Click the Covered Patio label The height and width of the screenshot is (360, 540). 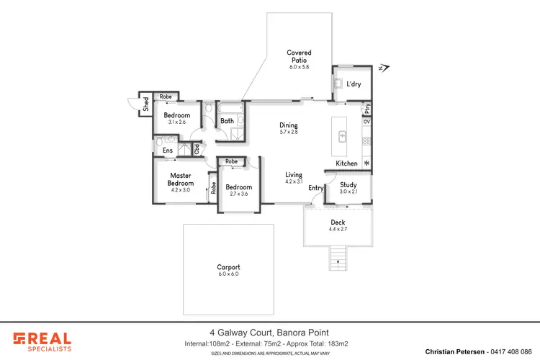click(x=299, y=53)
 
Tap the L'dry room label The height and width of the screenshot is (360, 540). click(x=354, y=85)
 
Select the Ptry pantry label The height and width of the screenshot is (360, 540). click(x=367, y=109)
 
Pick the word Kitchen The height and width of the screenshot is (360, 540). click(x=347, y=163)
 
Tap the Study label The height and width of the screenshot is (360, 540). click(x=348, y=184)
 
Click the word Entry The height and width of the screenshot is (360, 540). click(x=316, y=188)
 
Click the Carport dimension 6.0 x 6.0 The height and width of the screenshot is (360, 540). click(x=228, y=274)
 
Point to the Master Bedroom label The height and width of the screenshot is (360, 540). click(x=180, y=179)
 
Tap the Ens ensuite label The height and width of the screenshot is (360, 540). click(x=167, y=150)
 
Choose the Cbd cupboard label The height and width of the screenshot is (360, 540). click(x=196, y=149)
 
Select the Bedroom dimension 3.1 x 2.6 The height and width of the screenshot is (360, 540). click(x=176, y=122)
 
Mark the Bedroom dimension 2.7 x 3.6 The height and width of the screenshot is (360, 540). click(x=238, y=194)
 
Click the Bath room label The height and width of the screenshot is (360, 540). click(x=227, y=121)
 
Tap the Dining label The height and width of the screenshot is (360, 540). click(x=289, y=125)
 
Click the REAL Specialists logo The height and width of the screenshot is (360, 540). click(x=42, y=341)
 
